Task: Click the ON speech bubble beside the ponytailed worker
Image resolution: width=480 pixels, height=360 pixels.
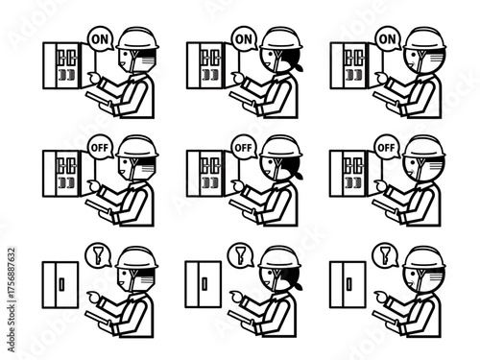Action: pyautogui.click(x=244, y=38)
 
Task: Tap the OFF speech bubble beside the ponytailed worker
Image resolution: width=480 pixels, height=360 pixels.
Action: pyautogui.click(x=244, y=147)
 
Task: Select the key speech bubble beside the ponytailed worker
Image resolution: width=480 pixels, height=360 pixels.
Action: pyautogui.click(x=241, y=254)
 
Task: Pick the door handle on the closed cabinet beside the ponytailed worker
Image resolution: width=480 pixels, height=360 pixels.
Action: pyautogui.click(x=204, y=283)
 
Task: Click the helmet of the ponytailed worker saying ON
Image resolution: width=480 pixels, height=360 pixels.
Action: pyautogui.click(x=280, y=38)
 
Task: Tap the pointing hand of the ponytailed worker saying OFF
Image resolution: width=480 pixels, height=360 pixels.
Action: pyautogui.click(x=237, y=184)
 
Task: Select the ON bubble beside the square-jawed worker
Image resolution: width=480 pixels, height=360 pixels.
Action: pyautogui.click(x=101, y=38)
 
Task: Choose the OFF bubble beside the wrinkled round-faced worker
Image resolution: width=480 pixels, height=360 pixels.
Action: pyautogui.click(x=387, y=147)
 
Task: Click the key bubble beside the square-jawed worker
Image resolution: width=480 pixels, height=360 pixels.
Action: pyautogui.click(x=98, y=254)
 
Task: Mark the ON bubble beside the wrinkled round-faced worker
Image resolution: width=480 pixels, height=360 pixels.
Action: pyautogui.click(x=387, y=38)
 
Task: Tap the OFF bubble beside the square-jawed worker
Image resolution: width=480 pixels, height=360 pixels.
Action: pyautogui.click(x=101, y=147)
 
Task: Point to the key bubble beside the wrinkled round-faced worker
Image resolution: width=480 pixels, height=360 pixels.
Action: pyautogui.click(x=385, y=254)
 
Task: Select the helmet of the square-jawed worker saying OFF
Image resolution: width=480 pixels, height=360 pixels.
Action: pyautogui.click(x=137, y=147)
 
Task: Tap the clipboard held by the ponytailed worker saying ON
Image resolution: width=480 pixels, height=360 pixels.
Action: pyautogui.click(x=241, y=97)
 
